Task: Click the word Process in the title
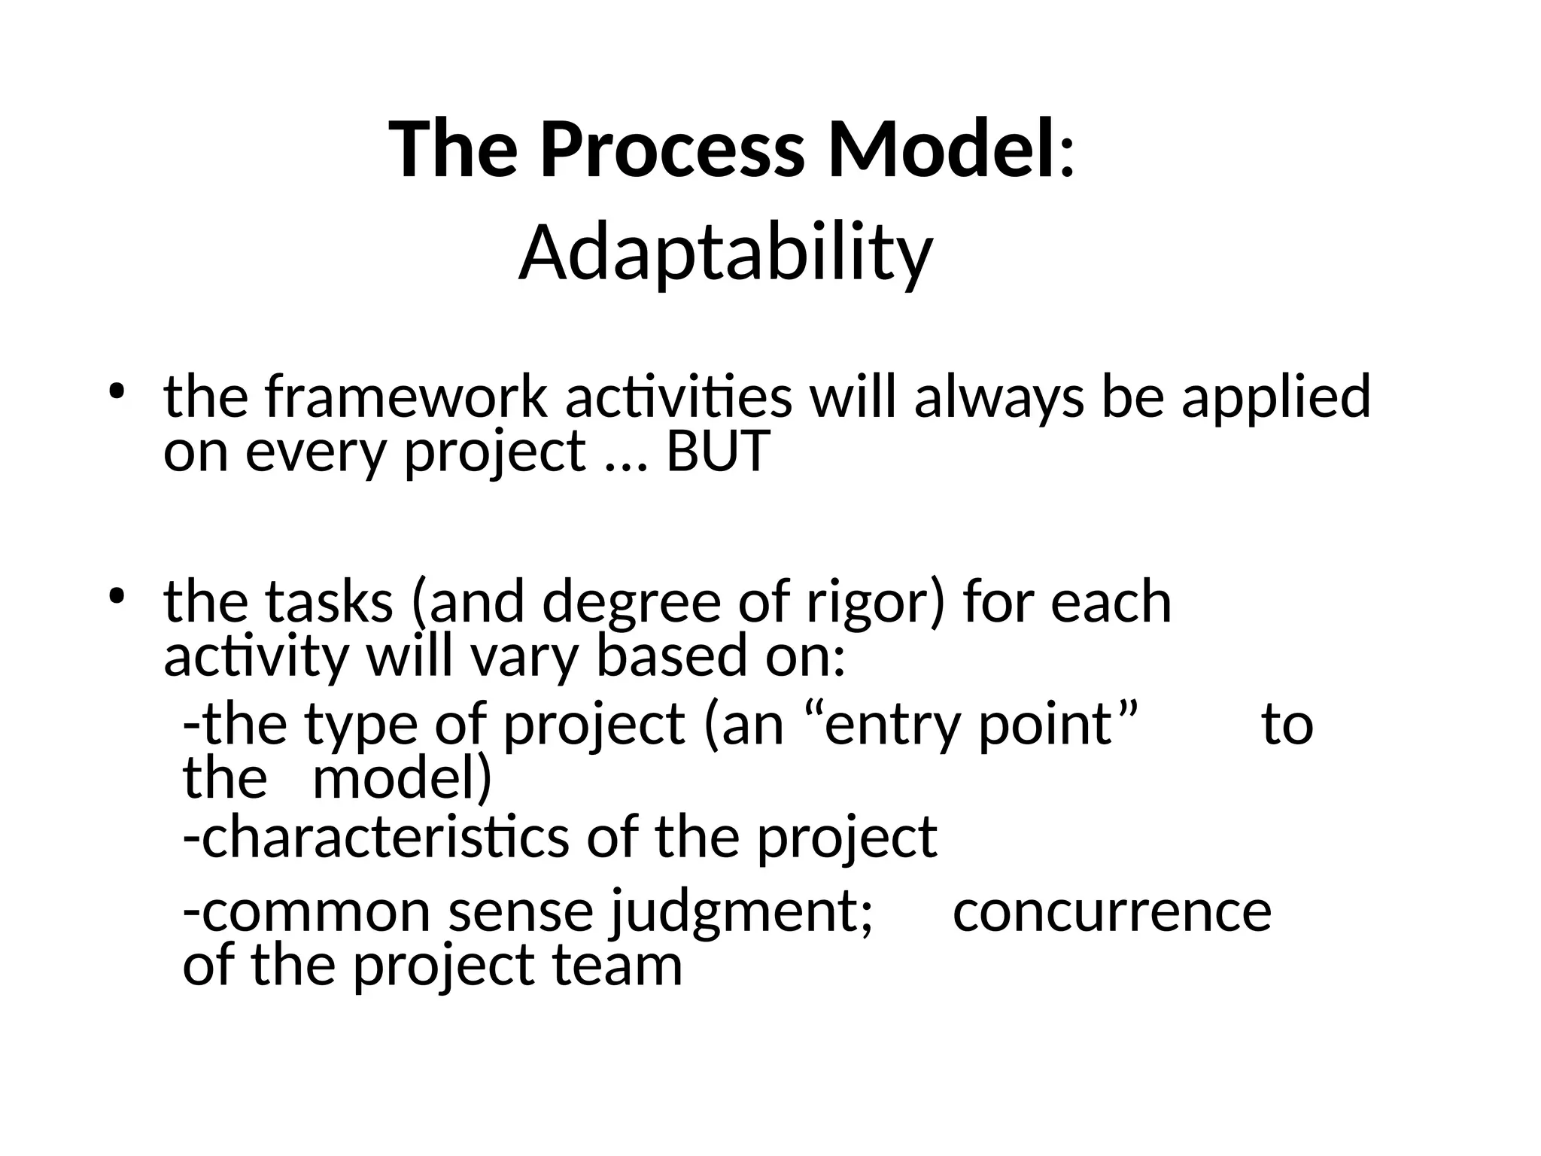point(672,150)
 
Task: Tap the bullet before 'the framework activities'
point(116,392)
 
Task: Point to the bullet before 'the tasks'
point(116,597)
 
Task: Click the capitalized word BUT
point(718,452)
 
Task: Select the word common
point(316,911)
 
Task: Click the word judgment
point(740,911)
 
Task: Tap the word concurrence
point(1112,911)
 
